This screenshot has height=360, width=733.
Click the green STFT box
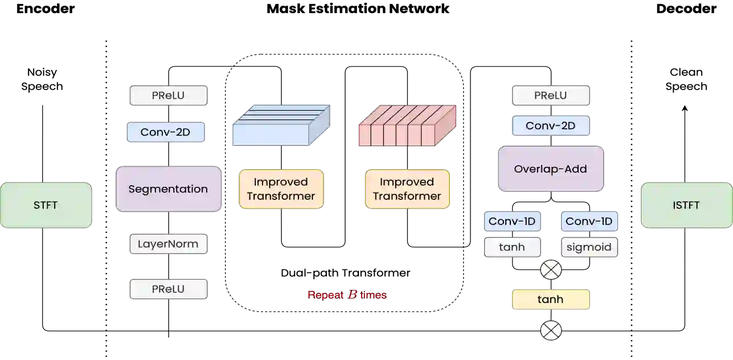(x=46, y=205)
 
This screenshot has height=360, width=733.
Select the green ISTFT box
(x=686, y=205)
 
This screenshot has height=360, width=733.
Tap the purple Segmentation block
(x=168, y=189)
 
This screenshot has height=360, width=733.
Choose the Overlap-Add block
(x=550, y=169)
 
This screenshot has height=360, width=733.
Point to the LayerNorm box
(x=168, y=244)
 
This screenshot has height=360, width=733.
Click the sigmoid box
(x=589, y=247)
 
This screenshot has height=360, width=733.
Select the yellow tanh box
(x=551, y=299)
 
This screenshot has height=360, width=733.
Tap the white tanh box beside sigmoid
(x=512, y=247)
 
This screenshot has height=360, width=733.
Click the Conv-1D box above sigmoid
(x=589, y=221)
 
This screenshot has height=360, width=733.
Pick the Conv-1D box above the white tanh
(x=512, y=221)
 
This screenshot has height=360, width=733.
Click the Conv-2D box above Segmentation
(x=166, y=133)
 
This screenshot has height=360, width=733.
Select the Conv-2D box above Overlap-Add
(x=550, y=126)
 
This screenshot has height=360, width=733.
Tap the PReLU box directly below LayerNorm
(x=168, y=289)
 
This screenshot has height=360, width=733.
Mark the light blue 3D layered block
(x=282, y=125)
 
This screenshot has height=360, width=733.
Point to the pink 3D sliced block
(x=407, y=125)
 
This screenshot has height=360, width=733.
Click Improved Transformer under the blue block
(x=281, y=189)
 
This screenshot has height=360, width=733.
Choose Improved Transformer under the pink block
(x=407, y=189)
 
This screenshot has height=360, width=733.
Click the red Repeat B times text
(x=347, y=295)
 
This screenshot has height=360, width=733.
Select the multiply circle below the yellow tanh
(x=551, y=330)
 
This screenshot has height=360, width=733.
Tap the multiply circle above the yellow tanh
(x=551, y=270)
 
